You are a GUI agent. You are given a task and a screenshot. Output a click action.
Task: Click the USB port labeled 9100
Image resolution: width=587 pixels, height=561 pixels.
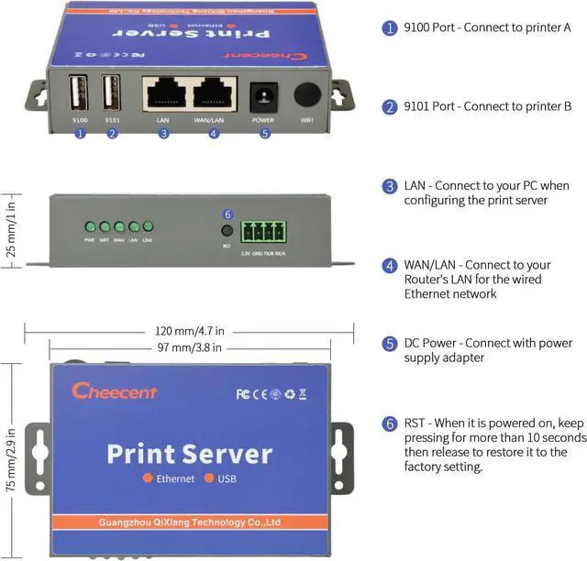[79, 93]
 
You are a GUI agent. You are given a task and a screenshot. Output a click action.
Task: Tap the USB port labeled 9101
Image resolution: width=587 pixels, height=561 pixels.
[111, 93]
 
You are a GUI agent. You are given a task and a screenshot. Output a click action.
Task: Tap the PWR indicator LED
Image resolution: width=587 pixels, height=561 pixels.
[90, 226]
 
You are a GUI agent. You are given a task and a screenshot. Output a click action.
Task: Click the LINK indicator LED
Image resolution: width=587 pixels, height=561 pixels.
[148, 226]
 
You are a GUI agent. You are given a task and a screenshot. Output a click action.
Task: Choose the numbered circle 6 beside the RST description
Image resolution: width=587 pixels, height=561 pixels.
[390, 424]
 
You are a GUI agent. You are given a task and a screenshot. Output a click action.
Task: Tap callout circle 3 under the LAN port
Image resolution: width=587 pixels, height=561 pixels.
[163, 134]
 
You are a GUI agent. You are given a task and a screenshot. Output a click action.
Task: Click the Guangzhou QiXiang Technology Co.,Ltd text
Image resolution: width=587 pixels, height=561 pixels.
[189, 523]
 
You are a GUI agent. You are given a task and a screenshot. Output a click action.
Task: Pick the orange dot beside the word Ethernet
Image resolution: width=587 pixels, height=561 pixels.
[146, 479]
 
